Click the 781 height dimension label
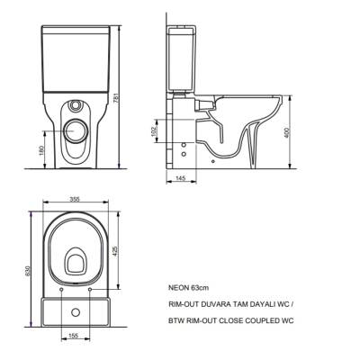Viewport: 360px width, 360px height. point(118,98)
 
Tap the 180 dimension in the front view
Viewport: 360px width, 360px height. point(41,150)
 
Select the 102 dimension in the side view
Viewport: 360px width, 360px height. point(154,130)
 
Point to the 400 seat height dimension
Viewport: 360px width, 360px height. point(286,132)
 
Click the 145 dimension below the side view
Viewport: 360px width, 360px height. point(180,178)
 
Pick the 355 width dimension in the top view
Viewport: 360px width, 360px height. point(75,199)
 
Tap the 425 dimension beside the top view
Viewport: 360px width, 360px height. point(116,251)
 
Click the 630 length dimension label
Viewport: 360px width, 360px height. point(29,271)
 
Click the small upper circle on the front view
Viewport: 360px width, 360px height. point(74,105)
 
